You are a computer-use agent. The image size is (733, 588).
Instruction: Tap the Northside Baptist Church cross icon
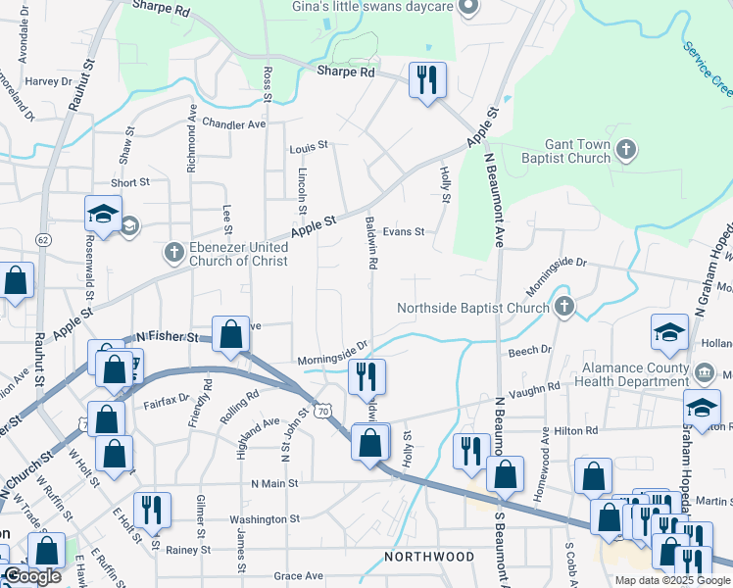(x=563, y=309)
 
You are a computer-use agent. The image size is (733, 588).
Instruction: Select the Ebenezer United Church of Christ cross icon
(x=173, y=253)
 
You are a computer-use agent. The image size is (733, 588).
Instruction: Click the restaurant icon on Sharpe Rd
(x=426, y=79)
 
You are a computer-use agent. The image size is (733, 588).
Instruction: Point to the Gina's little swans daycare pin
(x=467, y=8)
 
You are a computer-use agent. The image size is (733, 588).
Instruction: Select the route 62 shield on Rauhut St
(x=42, y=238)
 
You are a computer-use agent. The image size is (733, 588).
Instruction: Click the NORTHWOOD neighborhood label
(x=429, y=557)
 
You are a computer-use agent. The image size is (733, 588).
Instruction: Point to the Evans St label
(x=403, y=232)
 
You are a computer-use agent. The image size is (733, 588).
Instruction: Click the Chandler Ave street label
(x=234, y=124)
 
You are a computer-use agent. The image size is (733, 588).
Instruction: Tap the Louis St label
(x=308, y=148)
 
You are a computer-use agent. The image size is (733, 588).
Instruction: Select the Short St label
(x=129, y=182)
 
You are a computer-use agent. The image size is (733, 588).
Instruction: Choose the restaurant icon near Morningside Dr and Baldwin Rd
(x=367, y=376)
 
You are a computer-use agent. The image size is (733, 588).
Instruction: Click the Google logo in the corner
(x=32, y=576)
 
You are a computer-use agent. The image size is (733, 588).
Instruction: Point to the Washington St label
(x=262, y=519)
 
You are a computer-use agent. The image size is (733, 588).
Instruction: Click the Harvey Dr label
(x=42, y=81)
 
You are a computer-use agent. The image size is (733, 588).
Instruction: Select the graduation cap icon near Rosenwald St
(x=103, y=213)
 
